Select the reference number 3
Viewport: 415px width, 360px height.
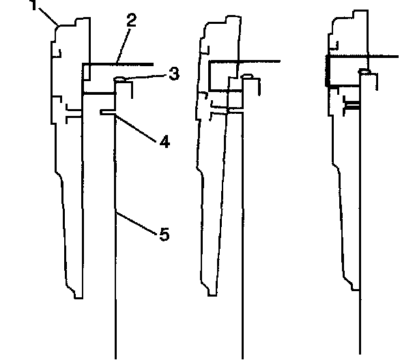pos(174,73)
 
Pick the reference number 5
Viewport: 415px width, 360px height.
pos(164,235)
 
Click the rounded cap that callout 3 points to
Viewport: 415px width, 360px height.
pos(121,80)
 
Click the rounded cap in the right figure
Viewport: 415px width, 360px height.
pos(366,71)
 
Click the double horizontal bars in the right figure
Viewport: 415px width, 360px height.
pos(352,106)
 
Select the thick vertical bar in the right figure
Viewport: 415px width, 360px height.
pos(328,72)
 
